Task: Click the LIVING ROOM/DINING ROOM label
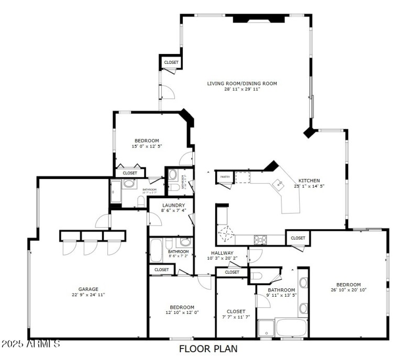[241, 83]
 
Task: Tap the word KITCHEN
[309, 181]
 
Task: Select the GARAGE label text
[89, 289]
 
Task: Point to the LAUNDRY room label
[172, 205]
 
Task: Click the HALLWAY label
[222, 253]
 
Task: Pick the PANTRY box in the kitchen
[225, 177]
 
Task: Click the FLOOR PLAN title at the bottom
[208, 348]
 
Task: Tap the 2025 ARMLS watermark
[30, 344]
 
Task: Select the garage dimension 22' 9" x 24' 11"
[89, 295]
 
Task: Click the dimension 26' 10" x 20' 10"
[348, 290]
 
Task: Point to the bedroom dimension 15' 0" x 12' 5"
[147, 146]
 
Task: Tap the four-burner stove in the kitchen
[261, 239]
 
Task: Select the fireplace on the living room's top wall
[259, 18]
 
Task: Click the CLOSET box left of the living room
[171, 62]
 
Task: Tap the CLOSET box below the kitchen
[297, 238]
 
